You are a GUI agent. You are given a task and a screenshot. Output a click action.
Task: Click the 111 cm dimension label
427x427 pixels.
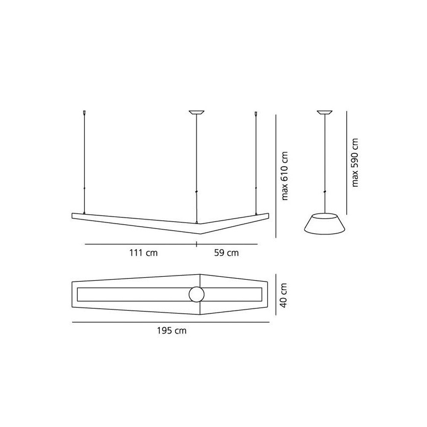(x=143, y=253)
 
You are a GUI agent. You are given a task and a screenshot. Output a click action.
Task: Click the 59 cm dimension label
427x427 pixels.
(x=226, y=253)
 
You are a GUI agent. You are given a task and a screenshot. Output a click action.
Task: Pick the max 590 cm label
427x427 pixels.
(x=354, y=162)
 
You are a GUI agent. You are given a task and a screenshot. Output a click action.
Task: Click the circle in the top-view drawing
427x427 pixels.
(x=197, y=295)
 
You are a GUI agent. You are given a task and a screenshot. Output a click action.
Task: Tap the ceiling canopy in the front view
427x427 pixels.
(x=196, y=113)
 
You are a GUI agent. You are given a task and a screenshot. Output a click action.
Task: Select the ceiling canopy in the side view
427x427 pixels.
(x=325, y=113)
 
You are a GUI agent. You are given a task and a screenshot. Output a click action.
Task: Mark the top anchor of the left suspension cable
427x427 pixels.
(x=84, y=114)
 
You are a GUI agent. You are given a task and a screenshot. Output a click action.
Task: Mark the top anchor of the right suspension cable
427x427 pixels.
(x=256, y=114)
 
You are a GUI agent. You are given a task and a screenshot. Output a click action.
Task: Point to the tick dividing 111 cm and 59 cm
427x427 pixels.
(x=196, y=244)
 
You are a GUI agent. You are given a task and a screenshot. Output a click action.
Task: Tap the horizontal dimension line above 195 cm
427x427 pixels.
(x=171, y=322)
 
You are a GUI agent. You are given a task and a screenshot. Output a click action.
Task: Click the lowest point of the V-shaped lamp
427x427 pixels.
(x=199, y=234)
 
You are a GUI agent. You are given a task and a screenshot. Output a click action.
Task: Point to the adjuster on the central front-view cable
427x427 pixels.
(x=196, y=192)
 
